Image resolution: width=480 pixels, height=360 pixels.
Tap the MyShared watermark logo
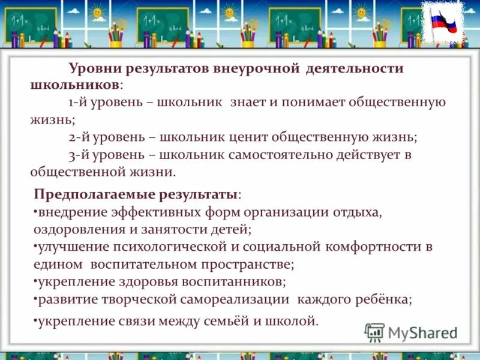click(x=412, y=332)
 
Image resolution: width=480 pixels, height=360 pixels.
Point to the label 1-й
click(x=79, y=102)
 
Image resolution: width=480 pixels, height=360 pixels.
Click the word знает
click(x=246, y=102)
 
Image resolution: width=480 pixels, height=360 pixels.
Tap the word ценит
click(x=246, y=137)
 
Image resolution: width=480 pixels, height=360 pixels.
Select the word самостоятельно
click(x=292, y=154)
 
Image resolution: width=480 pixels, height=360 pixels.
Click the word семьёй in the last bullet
click(x=221, y=321)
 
